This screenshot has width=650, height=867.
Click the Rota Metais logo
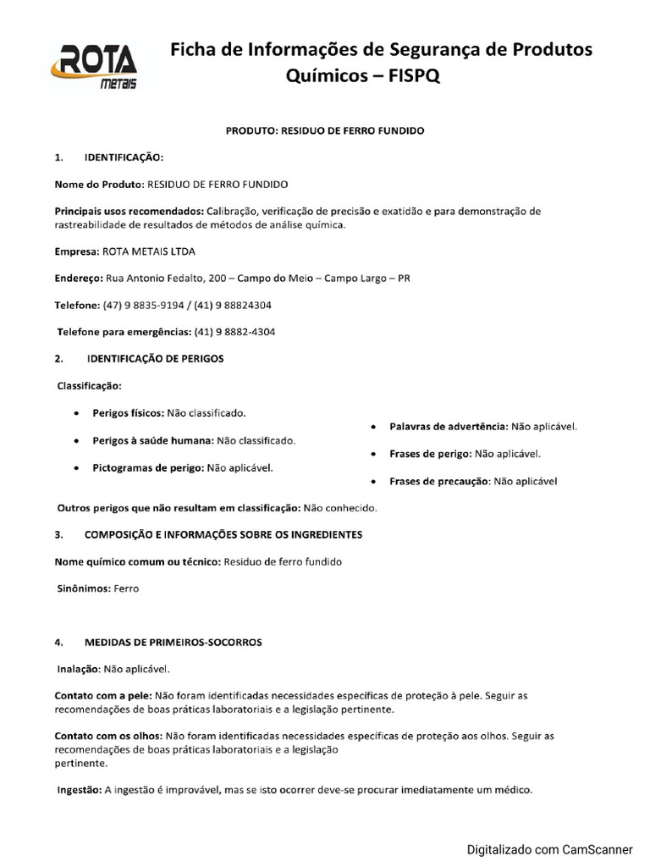(x=97, y=64)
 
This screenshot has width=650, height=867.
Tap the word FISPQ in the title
(x=413, y=77)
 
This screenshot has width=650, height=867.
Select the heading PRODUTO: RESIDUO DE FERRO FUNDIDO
(x=324, y=131)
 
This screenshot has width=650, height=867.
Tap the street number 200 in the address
(x=218, y=278)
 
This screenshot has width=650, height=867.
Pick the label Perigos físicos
(x=128, y=413)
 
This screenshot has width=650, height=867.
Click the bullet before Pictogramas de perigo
(x=77, y=467)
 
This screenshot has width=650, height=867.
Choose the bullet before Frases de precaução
(x=373, y=482)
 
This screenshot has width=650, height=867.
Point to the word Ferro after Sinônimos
(x=126, y=588)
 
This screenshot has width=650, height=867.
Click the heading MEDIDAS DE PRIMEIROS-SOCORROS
(x=173, y=642)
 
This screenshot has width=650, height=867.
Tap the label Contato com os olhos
(x=108, y=737)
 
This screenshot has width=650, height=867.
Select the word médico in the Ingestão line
(x=512, y=791)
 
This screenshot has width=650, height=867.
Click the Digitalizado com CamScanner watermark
(x=550, y=848)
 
